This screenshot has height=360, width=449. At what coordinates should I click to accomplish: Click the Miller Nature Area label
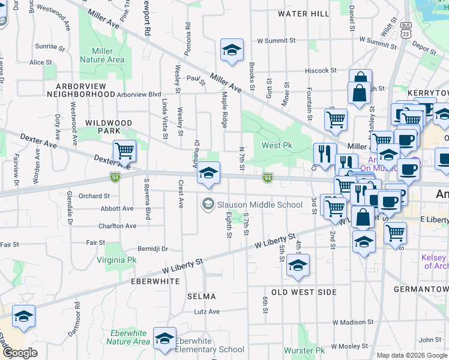pyautogui.click(x=102, y=55)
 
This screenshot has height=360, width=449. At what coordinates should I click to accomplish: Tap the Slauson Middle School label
pyautogui.click(x=259, y=205)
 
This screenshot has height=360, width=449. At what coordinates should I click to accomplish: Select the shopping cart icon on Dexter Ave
pyautogui.click(x=124, y=151)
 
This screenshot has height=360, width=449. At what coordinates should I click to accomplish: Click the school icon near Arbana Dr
pyautogui.click(x=208, y=173)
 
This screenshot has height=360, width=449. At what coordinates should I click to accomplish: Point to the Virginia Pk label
pyautogui.click(x=116, y=260)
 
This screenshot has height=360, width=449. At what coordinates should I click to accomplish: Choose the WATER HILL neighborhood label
pyautogui.click(x=303, y=13)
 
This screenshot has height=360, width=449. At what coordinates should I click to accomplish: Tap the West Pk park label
pyautogui.click(x=276, y=145)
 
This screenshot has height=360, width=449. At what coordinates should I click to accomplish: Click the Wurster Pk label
pyautogui.click(x=304, y=350)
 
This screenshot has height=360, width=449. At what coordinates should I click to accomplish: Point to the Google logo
pyautogui.click(x=19, y=353)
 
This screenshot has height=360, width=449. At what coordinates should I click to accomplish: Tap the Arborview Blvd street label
pyautogui.click(x=139, y=94)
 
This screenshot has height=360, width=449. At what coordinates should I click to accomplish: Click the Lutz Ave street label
pyautogui.click(x=206, y=311)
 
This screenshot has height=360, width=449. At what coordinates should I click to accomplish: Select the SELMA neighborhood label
pyautogui.click(x=201, y=296)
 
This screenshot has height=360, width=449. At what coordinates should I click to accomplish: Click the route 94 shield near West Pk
pyautogui.click(x=268, y=178)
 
